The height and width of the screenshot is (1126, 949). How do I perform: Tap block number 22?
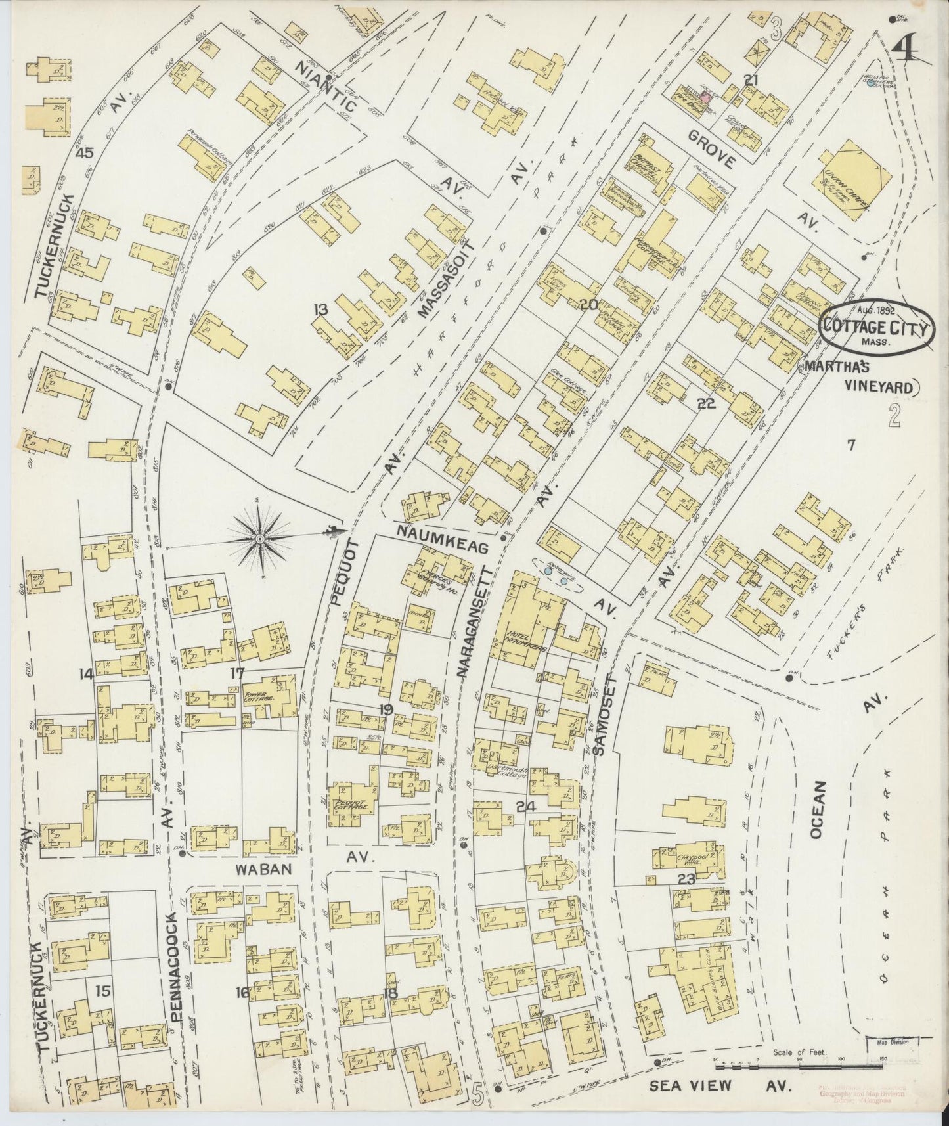click(706, 405)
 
